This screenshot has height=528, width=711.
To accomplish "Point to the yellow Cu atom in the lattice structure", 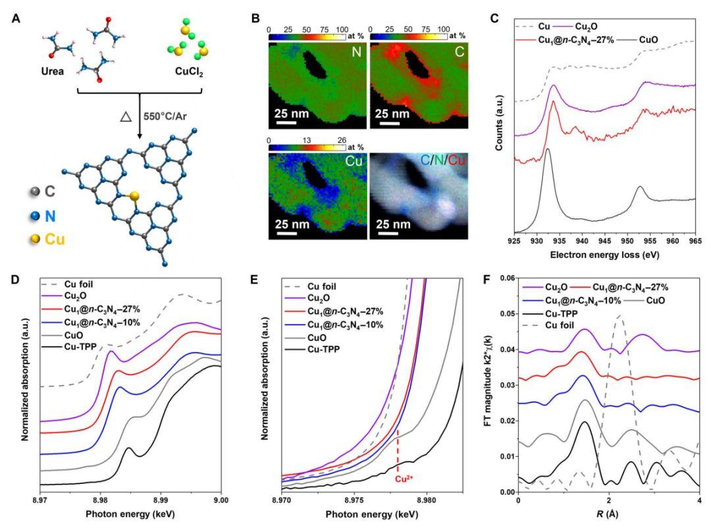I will (134, 196).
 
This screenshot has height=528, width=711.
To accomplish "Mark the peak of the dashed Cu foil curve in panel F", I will (619, 317).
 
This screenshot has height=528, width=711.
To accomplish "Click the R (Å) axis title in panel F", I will (608, 513).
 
